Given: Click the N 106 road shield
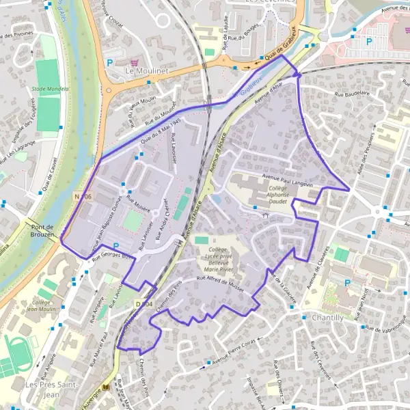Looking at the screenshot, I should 81,197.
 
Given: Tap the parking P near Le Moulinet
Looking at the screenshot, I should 109,63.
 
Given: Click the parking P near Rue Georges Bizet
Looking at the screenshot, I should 115,246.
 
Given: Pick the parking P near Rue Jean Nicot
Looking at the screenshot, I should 347,283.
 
